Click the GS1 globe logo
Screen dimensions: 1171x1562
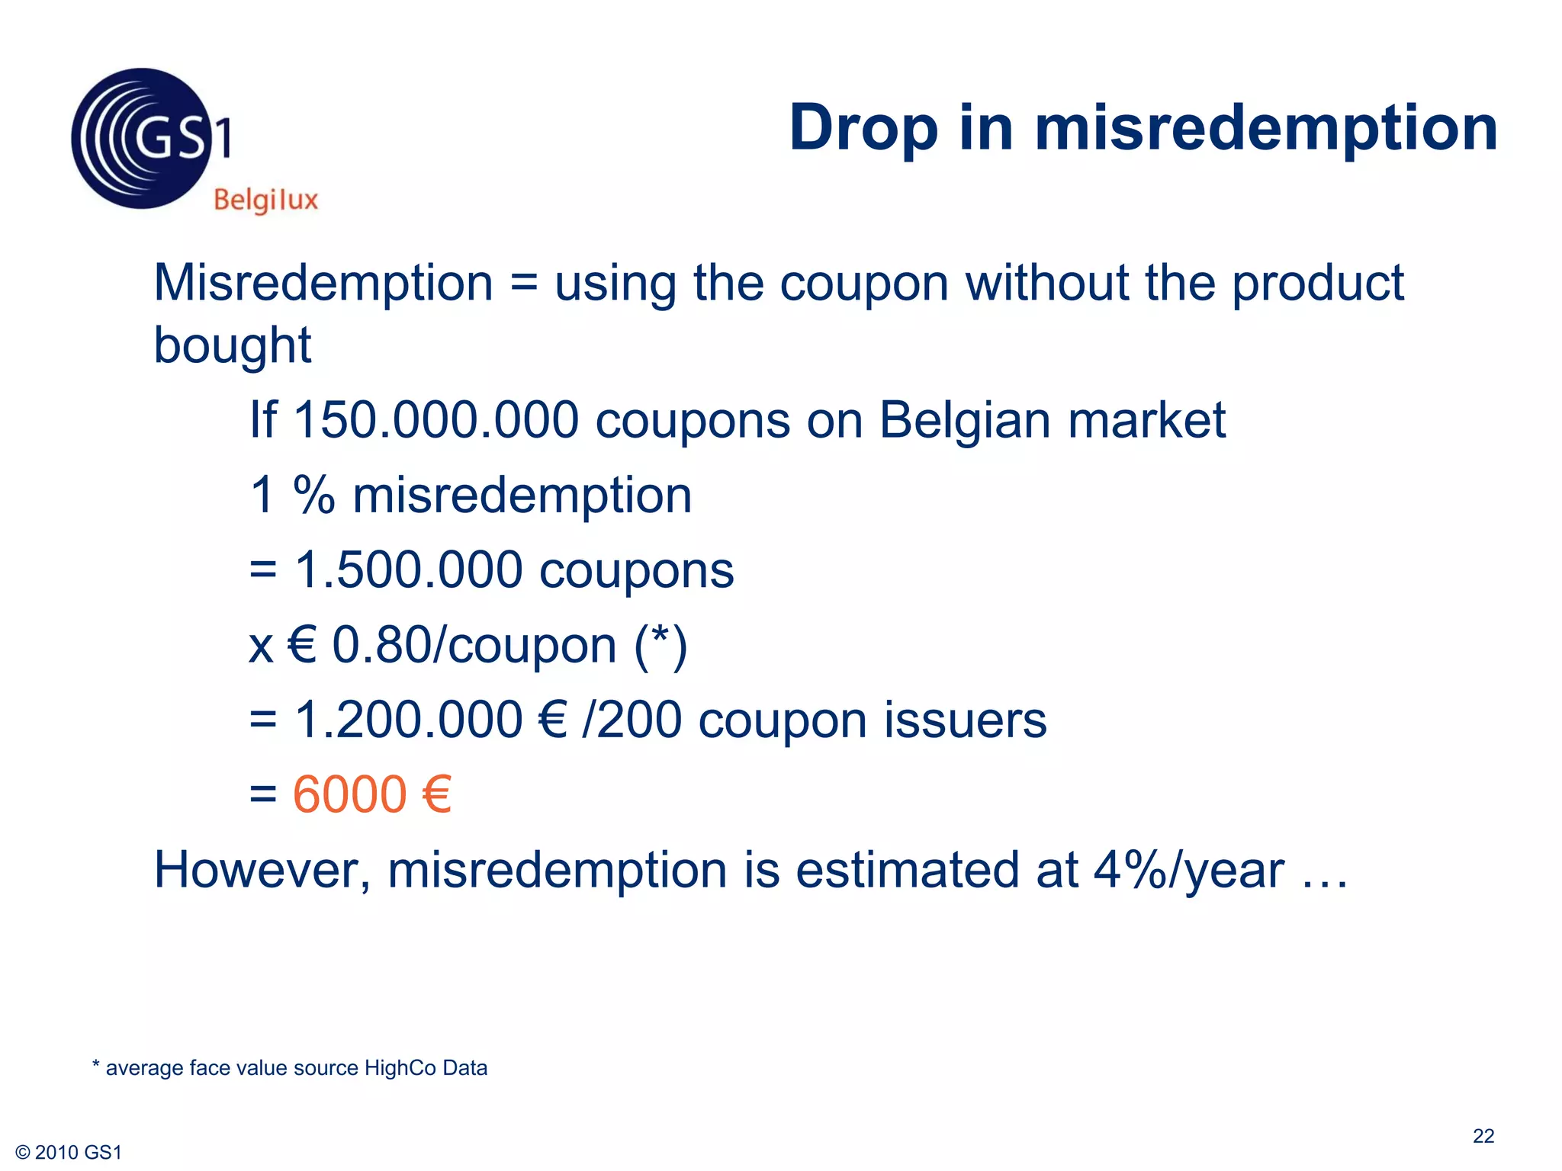point(142,139)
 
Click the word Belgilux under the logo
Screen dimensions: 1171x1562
point(265,201)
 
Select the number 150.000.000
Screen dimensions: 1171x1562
point(436,420)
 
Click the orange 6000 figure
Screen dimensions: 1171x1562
point(350,794)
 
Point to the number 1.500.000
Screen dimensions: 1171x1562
point(409,570)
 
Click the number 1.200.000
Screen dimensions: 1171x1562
point(409,720)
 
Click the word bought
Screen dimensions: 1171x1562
point(233,345)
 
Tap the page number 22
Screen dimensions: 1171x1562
point(1483,1136)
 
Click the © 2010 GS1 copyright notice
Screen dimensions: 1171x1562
point(69,1153)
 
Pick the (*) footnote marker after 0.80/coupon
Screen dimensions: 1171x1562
point(660,646)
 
